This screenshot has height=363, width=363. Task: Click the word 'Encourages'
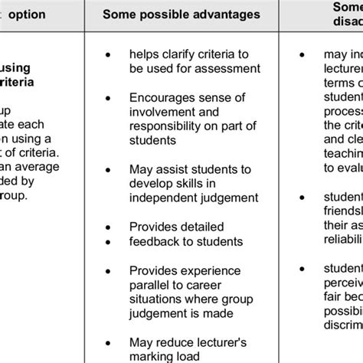pos(162,99)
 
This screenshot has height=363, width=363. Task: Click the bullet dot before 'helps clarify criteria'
pos(108,55)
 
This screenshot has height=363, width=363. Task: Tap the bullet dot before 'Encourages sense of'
pos(108,99)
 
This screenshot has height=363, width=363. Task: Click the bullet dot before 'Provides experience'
pos(108,270)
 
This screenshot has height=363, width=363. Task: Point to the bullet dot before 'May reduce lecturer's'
pos(108,342)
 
